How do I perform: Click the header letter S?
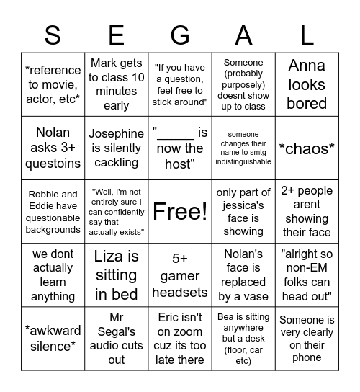(53, 35)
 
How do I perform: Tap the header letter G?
(180, 35)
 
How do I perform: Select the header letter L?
(307, 35)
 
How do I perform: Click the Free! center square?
(180, 212)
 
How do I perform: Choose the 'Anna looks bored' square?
(307, 84)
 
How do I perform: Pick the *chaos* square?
(307, 148)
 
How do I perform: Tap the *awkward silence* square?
(53, 339)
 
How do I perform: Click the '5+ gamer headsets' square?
(180, 276)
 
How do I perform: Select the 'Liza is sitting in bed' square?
(117, 276)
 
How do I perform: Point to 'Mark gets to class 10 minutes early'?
(117, 84)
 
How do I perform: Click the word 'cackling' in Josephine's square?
(117, 163)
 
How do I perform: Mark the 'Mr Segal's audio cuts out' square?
(117, 339)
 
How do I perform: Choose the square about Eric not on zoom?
(180, 339)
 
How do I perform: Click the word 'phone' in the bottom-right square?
(307, 358)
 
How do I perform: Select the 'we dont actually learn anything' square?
(53, 276)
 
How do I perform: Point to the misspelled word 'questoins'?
(53, 163)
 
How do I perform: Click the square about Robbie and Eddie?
(53, 212)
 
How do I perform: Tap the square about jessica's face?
(243, 212)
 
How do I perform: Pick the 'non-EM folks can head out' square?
(307, 276)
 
